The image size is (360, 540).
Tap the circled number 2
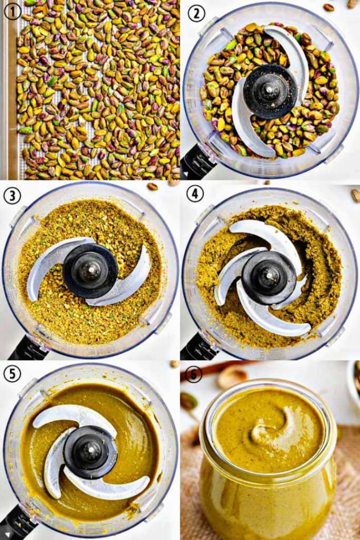point(196,13)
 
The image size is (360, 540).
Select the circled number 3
point(13,196)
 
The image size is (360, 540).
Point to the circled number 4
point(195,194)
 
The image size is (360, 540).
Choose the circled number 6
point(193,375)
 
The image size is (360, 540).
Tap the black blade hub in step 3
point(91,271)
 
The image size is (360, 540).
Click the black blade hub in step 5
point(91,452)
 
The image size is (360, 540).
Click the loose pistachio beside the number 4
point(356,196)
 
